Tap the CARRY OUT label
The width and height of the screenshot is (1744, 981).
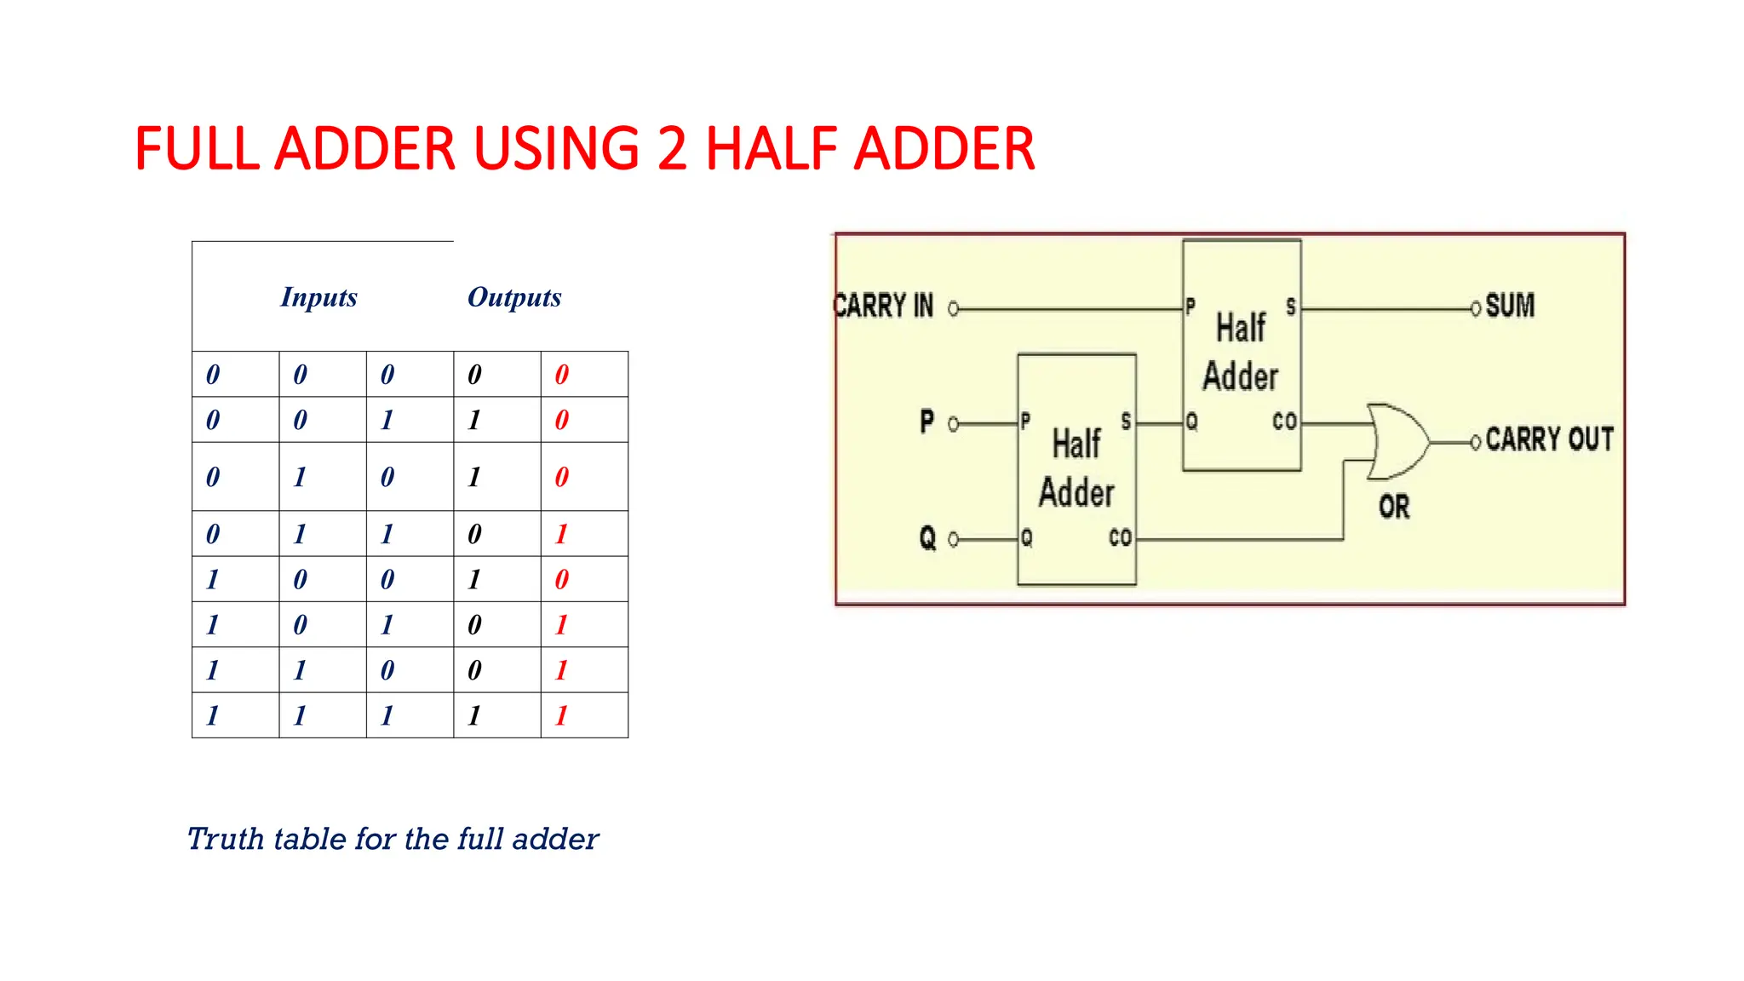1549,439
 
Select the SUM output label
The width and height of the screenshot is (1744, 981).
1510,306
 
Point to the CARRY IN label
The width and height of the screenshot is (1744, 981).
884,306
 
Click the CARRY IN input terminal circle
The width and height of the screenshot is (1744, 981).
954,309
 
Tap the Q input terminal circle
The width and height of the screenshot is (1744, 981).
954,539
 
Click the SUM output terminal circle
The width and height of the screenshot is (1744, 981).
1476,308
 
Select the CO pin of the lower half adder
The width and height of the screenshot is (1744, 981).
1120,537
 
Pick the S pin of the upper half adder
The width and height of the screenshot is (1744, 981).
1291,307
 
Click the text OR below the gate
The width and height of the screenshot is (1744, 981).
1394,508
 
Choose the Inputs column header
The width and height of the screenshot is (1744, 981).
318,297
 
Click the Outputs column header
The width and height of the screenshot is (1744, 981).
514,297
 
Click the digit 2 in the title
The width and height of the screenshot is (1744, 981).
672,149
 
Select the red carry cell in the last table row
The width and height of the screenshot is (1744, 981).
562,715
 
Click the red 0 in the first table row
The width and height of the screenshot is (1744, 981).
562,375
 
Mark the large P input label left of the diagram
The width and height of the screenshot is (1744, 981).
926,422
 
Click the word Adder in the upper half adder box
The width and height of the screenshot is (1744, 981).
1240,376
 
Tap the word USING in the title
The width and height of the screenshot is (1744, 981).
556,149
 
